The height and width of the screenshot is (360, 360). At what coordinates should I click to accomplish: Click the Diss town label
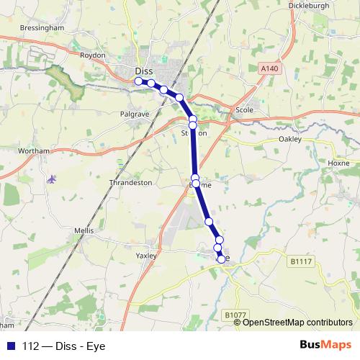click(143, 71)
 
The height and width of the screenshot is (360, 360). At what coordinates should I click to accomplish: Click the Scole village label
click(245, 110)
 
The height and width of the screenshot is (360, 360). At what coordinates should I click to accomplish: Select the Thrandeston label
click(131, 183)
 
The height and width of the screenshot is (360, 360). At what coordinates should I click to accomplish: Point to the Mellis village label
click(84, 230)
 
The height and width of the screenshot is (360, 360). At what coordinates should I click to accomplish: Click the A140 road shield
click(269, 68)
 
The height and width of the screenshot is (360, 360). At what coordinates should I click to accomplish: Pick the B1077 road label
click(235, 315)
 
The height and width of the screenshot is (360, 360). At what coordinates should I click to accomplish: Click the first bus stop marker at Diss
click(139, 81)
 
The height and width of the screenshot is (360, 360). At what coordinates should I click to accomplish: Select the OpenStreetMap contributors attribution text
click(297, 322)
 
